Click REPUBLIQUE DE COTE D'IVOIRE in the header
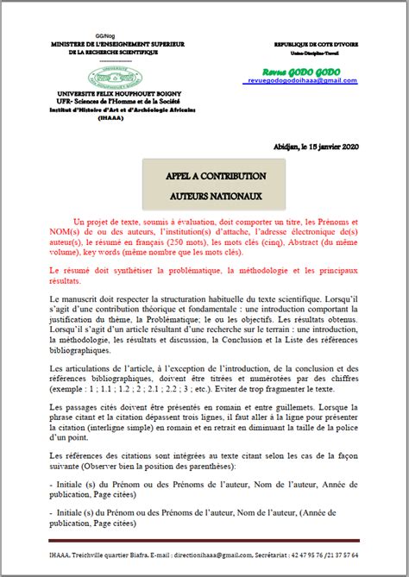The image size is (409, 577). tap(314, 42)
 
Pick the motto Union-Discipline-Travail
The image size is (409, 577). tap(314, 50)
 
